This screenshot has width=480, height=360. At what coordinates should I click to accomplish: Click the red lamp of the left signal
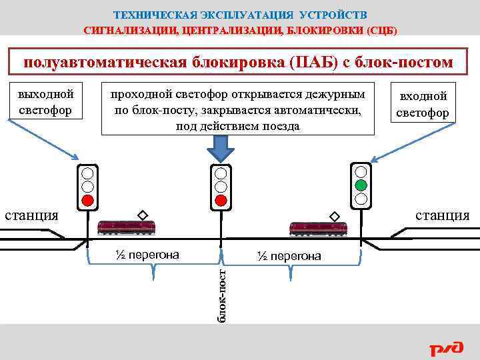(87, 199)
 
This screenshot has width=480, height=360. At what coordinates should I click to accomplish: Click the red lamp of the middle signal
(221, 199)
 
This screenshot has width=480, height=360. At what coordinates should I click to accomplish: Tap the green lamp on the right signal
(361, 185)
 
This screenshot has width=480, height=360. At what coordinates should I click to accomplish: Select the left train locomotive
(126, 227)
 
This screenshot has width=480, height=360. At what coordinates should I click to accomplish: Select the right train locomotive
(318, 228)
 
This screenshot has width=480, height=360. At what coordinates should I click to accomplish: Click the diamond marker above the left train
(141, 215)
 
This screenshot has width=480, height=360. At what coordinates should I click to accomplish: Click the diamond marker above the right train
(334, 215)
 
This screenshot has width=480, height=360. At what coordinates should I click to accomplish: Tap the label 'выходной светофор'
(46, 100)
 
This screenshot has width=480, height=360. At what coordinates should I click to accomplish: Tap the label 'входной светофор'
(423, 104)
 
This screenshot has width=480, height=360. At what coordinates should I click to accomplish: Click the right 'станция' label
(442, 215)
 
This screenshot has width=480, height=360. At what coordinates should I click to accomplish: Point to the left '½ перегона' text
(145, 254)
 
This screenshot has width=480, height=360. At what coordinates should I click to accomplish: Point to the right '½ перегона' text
(288, 256)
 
